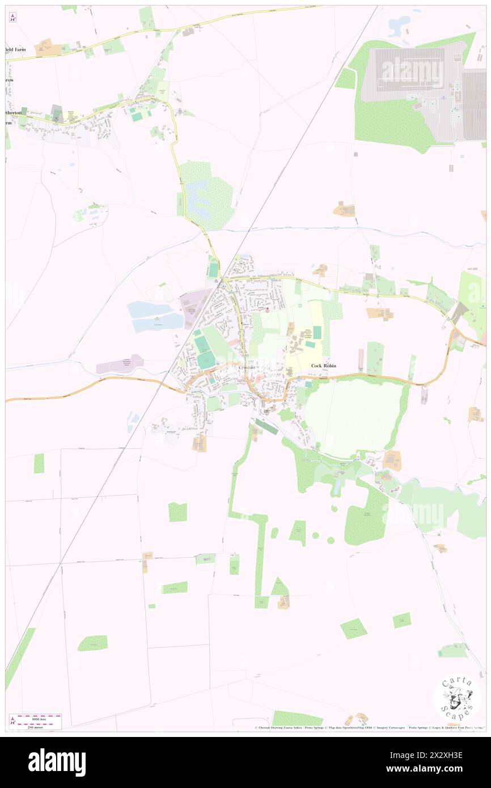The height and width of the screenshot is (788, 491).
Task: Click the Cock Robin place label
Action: [324, 366]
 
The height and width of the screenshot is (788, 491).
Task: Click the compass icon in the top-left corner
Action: [12, 18]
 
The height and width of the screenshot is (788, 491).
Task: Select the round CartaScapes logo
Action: [457, 698]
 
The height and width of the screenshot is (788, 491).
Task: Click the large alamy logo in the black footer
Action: [57, 762]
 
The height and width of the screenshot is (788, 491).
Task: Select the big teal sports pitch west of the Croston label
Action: [206, 358]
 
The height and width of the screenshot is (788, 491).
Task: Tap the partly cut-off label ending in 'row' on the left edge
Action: [10, 80]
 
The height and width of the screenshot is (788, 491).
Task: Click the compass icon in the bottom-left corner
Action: [12, 721]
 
